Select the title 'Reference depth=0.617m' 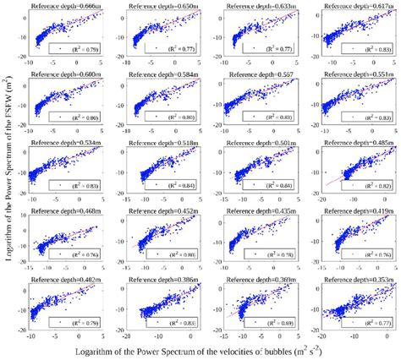pyautogui.click(x=355, y=6)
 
